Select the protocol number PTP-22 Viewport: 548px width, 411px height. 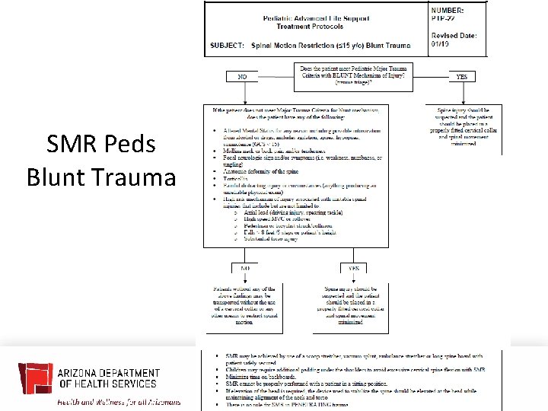pyautogui.click(x=446, y=18)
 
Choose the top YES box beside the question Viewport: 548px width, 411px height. pyautogui.click(x=462, y=76)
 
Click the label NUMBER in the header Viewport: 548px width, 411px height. pyautogui.click(x=447, y=9)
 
